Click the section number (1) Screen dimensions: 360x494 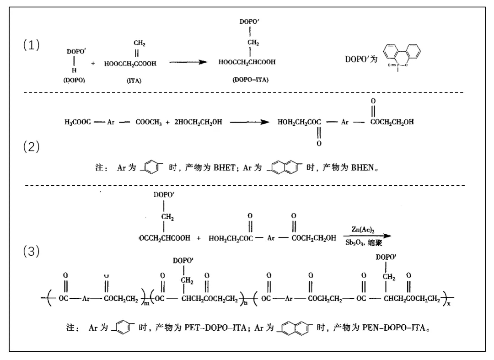(32, 45)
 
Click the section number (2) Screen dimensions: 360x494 (32, 147)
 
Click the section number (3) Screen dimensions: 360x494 (32, 252)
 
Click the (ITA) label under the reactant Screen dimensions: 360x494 (134, 81)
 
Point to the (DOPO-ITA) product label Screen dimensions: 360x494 (250, 80)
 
